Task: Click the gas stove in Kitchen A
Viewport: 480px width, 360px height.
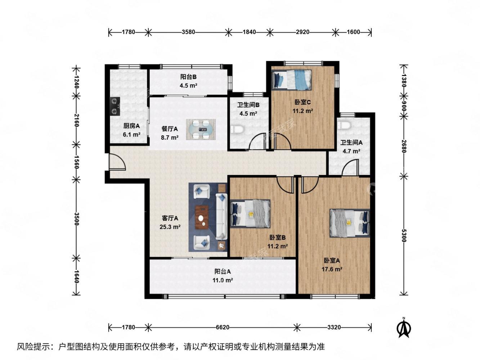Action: click(115, 106)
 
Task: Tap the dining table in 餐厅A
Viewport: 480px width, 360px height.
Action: click(201, 130)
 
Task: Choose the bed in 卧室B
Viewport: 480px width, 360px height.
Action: click(250, 213)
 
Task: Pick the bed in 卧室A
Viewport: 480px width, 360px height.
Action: click(349, 223)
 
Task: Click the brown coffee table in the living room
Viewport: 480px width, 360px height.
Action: click(202, 217)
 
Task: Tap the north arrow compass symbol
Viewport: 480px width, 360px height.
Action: click(404, 328)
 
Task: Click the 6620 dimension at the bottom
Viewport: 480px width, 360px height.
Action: click(222, 327)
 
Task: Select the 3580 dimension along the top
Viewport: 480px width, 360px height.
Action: click(188, 32)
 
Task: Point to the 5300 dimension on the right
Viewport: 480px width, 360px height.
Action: click(404, 235)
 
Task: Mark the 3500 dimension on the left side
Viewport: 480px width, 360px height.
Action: click(76, 219)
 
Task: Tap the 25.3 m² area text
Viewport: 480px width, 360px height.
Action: click(170, 227)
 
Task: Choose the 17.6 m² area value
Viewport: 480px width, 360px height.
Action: click(332, 269)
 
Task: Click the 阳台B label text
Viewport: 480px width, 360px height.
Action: click(188, 77)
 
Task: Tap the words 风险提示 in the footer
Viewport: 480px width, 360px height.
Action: click(32, 347)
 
